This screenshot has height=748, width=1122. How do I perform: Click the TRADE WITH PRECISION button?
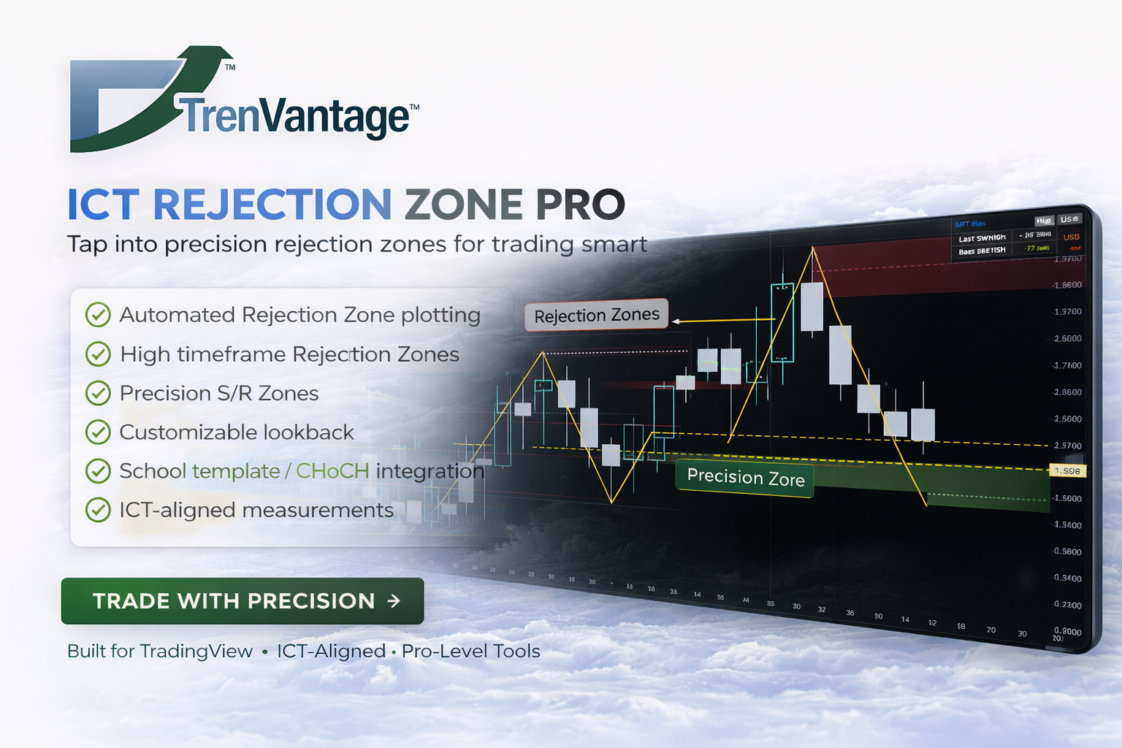[242, 600]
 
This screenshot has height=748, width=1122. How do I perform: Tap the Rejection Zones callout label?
[596, 316]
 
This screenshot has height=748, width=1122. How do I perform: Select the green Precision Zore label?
[744, 478]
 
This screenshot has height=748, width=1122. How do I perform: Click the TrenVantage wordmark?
[296, 117]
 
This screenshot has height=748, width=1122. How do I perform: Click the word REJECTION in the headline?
[272, 205]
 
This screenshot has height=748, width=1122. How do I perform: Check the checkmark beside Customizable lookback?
[98, 432]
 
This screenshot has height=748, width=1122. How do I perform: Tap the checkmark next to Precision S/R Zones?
[98, 393]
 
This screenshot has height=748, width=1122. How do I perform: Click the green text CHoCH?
[332, 471]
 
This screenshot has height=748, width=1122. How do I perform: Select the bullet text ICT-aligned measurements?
[256, 510]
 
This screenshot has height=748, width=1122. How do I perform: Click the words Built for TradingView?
[160, 651]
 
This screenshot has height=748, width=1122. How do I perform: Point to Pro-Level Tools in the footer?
[471, 651]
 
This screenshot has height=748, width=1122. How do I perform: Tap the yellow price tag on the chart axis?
[1067, 471]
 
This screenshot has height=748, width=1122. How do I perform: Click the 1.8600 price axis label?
[1067, 285]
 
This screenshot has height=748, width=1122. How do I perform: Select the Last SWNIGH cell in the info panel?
[982, 238]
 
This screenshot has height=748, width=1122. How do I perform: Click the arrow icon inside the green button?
[394, 600]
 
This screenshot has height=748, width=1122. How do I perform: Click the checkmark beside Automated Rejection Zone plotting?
[98, 315]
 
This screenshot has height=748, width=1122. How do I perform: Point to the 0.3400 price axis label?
[1067, 579]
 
